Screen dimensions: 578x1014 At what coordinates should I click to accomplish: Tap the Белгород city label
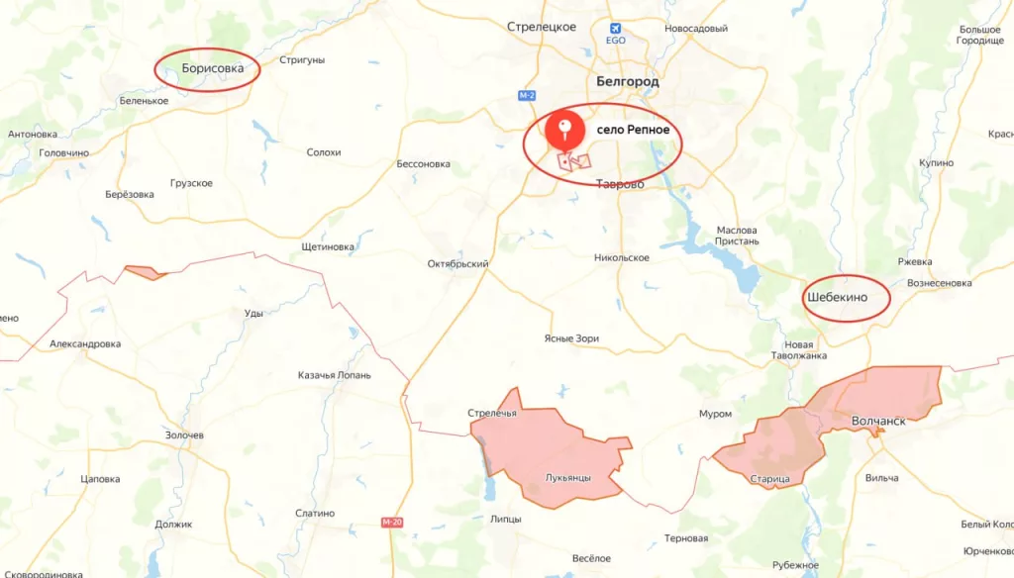click(x=628, y=81)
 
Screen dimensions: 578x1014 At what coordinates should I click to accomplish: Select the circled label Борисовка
click(x=207, y=69)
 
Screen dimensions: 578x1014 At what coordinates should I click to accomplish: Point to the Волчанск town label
click(x=878, y=421)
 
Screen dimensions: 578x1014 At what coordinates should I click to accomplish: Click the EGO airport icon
click(x=616, y=29)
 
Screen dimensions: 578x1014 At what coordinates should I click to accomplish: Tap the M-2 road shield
click(x=526, y=95)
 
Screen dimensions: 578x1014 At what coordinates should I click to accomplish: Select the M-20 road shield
click(x=393, y=522)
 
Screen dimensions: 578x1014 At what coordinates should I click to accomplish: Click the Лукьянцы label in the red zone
click(x=568, y=478)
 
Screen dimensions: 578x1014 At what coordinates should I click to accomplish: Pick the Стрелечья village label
click(x=492, y=413)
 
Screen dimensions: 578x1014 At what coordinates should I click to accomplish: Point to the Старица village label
click(x=769, y=479)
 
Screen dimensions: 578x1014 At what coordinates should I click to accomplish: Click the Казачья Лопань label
click(x=335, y=375)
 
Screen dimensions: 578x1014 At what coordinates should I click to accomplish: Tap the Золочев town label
click(x=185, y=435)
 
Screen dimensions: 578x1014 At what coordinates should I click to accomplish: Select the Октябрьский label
click(x=457, y=264)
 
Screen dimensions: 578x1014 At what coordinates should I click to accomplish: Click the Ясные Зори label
click(x=571, y=338)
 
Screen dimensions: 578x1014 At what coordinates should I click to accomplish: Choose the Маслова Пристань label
click(x=737, y=235)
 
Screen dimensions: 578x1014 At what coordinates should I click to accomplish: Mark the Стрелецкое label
click(x=541, y=27)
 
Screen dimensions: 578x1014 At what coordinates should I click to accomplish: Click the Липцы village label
click(x=506, y=519)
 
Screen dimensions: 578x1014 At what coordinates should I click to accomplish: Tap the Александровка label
click(x=85, y=343)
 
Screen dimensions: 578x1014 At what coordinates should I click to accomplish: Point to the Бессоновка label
click(x=423, y=163)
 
